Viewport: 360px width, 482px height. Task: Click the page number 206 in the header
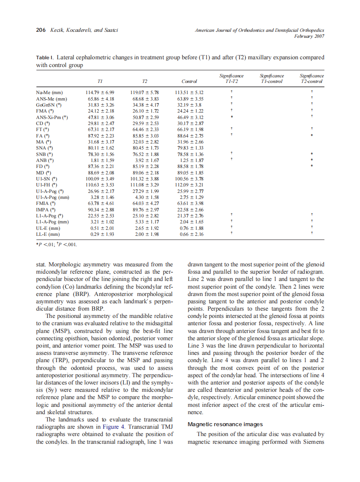pos(40,30)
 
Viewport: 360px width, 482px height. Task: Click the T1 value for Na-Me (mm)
pos(100,92)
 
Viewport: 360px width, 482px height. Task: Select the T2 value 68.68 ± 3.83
pos(144,98)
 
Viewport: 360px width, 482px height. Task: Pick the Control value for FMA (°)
pos(189,111)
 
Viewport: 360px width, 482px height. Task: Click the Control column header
pos(189,81)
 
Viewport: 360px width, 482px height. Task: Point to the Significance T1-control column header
pos(272,78)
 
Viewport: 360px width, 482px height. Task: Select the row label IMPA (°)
pos(46,210)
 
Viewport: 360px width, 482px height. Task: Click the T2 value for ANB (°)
pos(144,160)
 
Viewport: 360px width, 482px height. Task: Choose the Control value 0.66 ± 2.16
pos(189,235)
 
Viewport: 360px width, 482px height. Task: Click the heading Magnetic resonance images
pos(225,424)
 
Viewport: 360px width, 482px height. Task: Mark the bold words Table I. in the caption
pos(45,58)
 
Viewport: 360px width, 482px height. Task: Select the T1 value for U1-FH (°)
pos(100,185)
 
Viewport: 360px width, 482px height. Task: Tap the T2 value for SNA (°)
pos(144,148)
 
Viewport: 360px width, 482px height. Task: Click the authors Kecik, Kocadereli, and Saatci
pos(84,30)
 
